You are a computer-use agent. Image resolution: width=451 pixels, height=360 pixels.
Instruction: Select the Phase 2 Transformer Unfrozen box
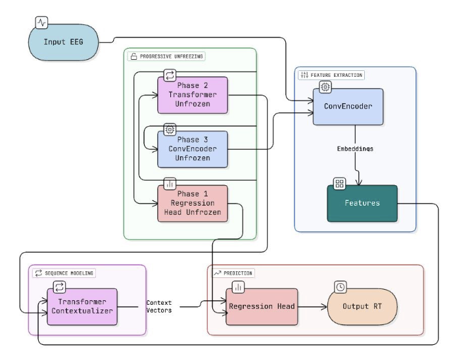pos(192,95)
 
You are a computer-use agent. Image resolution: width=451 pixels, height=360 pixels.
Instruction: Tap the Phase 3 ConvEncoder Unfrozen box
pos(192,148)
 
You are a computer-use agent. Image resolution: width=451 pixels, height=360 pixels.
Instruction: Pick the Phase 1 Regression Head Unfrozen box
pos(192,203)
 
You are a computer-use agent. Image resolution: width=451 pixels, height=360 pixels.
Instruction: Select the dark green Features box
pos(362,203)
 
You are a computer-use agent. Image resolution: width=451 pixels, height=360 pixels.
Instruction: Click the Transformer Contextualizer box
pos(82,307)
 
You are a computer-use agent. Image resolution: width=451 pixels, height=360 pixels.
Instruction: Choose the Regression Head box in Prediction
pos(262,307)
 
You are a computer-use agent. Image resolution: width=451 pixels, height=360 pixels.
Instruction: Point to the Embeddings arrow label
pos(355,148)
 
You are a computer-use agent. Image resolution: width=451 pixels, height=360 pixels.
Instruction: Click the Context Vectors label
pos(159,307)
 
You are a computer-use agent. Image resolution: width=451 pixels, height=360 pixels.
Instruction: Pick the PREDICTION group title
pos(238,273)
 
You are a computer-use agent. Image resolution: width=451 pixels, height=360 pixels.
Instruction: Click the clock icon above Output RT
pos(341,287)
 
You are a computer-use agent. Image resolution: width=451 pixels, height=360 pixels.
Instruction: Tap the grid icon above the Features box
pos(339,184)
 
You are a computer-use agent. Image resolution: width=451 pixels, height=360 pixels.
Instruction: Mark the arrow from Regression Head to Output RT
pos(312,307)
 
